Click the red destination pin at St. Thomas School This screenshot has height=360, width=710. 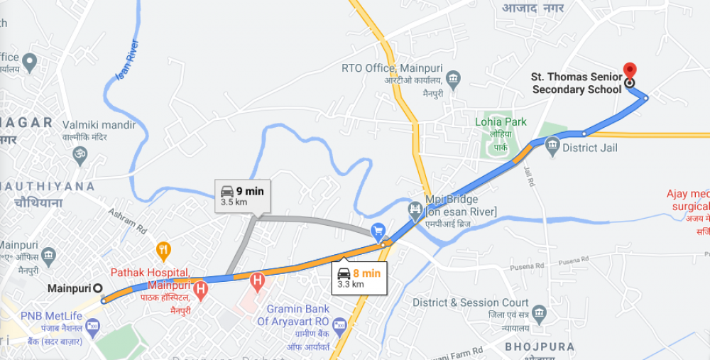[629, 71]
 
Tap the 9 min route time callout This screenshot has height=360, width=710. [242, 196]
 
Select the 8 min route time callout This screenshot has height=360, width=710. [359, 278]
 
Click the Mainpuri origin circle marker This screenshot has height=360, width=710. [98, 288]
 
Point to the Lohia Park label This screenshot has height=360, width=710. [501, 122]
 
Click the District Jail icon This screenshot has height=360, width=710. [553, 148]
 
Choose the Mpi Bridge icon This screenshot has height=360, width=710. [415, 209]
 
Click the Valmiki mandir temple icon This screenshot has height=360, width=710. [80, 153]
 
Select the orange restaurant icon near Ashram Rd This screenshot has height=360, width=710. [164, 249]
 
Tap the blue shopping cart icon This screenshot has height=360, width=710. [378, 231]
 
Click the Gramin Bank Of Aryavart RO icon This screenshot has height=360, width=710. [339, 327]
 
